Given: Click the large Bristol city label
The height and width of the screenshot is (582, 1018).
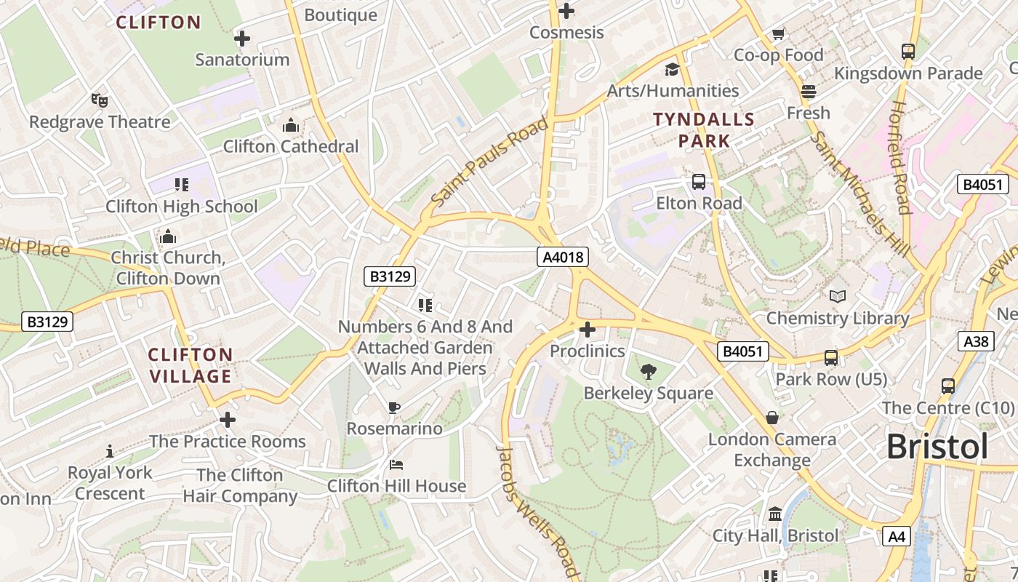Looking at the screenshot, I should coord(937,446).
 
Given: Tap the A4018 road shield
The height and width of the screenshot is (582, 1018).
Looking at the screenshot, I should coord(562,257).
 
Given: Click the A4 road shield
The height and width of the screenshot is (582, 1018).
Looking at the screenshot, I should coord(897,537).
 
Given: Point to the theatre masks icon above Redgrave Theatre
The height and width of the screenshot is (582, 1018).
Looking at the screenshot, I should coord(100,100).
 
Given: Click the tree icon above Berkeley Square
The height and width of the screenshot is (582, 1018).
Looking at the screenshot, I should coord(648,372).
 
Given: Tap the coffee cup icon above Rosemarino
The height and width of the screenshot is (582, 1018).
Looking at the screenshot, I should coord(394,407).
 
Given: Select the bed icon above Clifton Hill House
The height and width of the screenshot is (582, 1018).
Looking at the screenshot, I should coord(396,465).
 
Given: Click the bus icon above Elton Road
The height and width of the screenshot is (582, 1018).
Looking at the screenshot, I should coord(699,182).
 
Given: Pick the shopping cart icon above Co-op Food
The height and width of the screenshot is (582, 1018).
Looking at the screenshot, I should coord(778,34).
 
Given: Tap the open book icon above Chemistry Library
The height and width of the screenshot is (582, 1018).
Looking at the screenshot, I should coord(838,297).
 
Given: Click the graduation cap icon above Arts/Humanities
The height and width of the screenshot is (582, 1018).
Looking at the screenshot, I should coord(673,70).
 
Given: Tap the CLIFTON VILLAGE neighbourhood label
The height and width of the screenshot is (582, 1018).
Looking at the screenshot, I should coord(191,365).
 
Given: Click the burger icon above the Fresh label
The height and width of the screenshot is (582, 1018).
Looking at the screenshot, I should coord(808,92).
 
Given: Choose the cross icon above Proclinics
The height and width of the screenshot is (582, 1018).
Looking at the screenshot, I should coord(587,330).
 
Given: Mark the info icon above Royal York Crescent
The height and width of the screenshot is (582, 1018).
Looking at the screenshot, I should coord(110,451).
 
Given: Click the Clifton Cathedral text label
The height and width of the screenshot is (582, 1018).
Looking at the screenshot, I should coord(291,146).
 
